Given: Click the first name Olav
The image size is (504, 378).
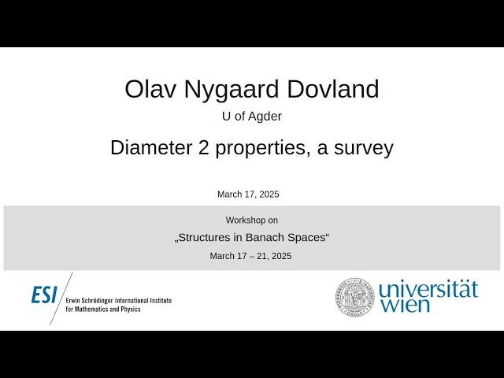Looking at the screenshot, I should pyautogui.click(x=151, y=89).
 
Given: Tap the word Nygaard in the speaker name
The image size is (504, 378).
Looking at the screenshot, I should pyautogui.click(x=235, y=89).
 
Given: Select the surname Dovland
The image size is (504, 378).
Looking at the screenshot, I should pyautogui.click(x=335, y=89).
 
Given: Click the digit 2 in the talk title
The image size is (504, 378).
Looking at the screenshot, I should pyautogui.click(x=206, y=147).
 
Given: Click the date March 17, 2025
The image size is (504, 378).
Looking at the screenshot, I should pyautogui.click(x=248, y=194).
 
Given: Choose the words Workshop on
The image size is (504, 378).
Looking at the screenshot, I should pyautogui.click(x=251, y=220).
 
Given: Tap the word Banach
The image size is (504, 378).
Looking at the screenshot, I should pyautogui.click(x=270, y=238).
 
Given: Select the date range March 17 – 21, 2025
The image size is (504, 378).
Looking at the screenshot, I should pyautogui.click(x=250, y=256).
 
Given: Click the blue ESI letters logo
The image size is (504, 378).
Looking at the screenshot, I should pyautogui.click(x=44, y=295).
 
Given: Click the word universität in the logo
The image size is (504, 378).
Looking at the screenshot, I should pyautogui.click(x=428, y=289).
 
